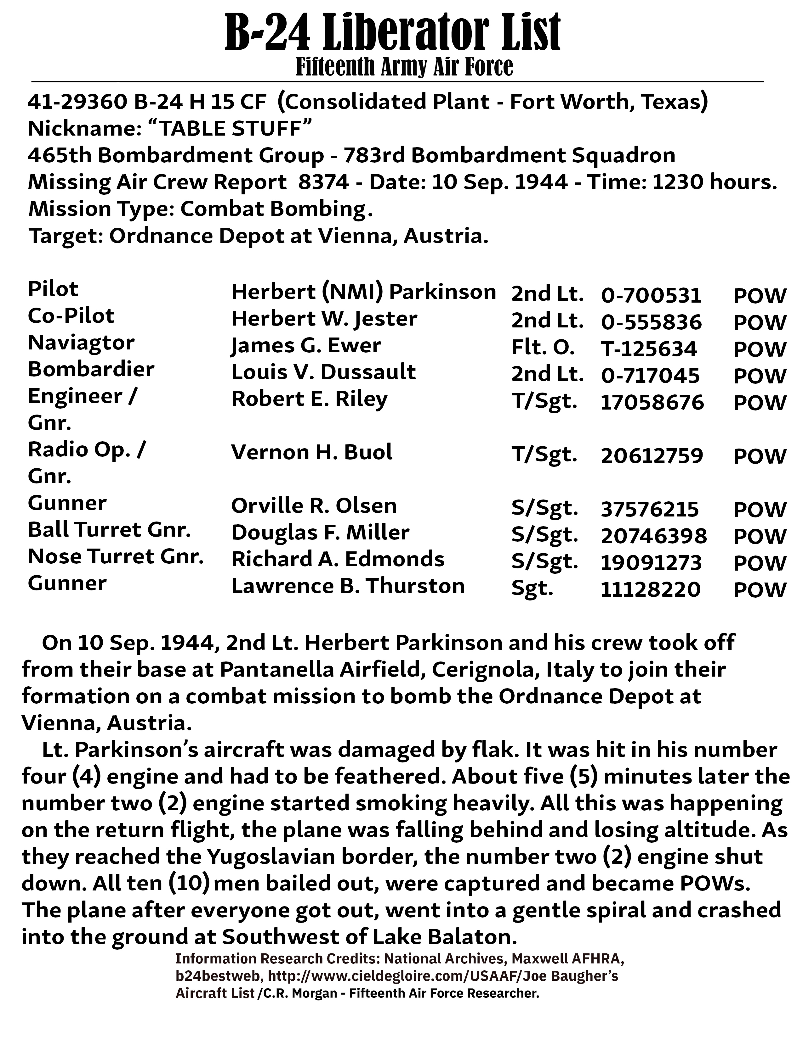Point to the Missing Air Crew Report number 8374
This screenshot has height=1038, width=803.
pyautogui.click(x=323, y=182)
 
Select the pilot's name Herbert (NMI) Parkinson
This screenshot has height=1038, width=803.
pyautogui.click(x=363, y=292)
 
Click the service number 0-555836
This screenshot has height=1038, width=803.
pyautogui.click(x=651, y=322)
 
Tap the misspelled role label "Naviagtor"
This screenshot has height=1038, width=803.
pyautogui.click(x=81, y=343)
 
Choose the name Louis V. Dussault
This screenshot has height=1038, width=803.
pyautogui.click(x=323, y=372)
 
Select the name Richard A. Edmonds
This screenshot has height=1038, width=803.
pyautogui.click(x=338, y=559)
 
